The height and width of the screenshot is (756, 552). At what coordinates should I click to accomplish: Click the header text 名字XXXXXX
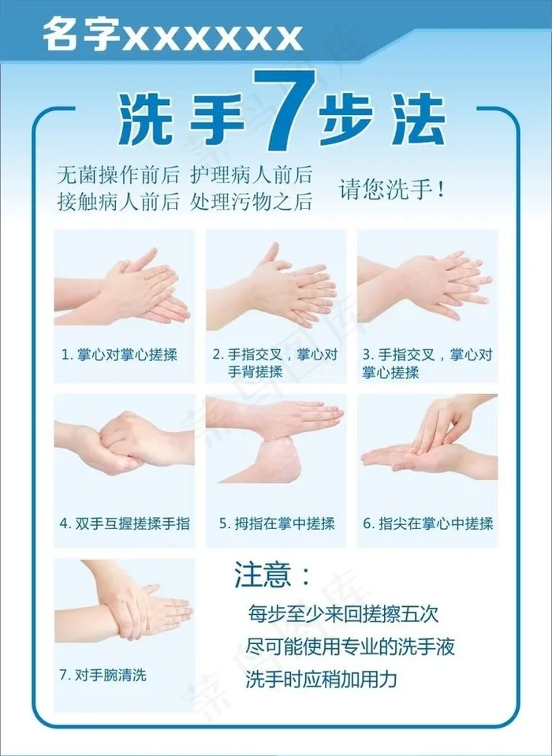coord(173,36)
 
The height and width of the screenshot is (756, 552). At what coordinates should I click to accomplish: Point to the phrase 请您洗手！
coord(391,188)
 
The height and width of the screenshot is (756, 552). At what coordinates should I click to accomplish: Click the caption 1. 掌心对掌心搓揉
coord(119,356)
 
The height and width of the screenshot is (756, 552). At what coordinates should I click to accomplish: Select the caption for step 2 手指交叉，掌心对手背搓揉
coord(275,363)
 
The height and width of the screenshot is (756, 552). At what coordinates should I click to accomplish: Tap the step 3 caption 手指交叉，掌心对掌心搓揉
coord(427,363)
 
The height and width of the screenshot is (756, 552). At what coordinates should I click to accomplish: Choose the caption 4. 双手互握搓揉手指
coord(125,523)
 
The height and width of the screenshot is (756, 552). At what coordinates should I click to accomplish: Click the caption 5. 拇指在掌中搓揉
coord(277,523)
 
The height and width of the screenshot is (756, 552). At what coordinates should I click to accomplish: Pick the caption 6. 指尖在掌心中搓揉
coord(428,523)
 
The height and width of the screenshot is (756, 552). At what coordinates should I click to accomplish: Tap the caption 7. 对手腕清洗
coord(103,675)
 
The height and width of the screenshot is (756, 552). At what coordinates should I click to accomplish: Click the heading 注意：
coord(272,574)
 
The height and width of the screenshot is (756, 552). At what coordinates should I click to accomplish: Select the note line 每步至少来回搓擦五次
coord(343,614)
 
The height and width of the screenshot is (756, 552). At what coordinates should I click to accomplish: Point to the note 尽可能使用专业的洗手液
coord(350,646)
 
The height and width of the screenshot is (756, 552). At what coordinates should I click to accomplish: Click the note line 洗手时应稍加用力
coord(321,679)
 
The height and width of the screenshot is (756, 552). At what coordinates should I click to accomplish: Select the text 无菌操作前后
coord(117,175)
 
